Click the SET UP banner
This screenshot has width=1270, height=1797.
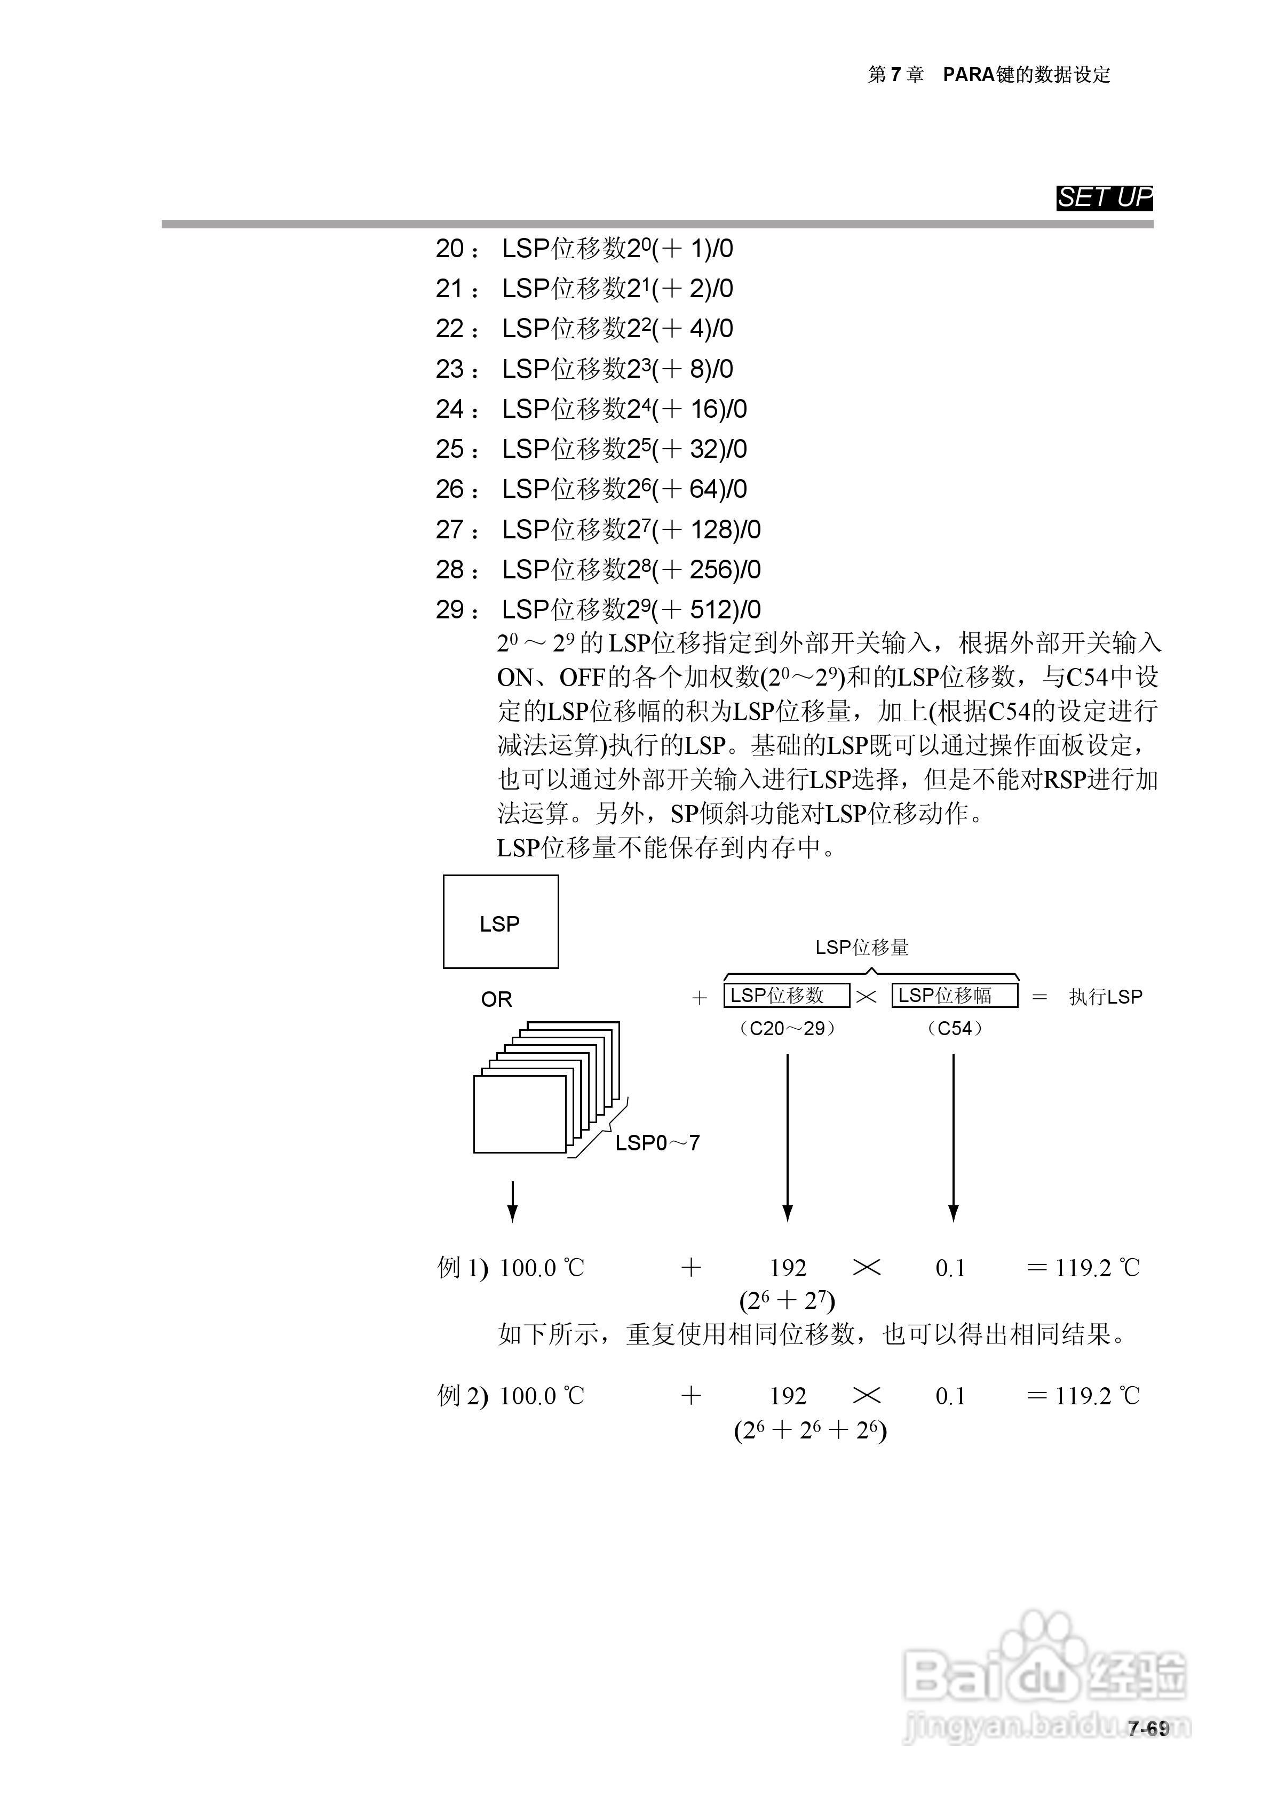coord(1104,198)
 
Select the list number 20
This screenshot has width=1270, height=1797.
coord(450,249)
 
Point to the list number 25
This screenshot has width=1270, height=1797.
coord(450,449)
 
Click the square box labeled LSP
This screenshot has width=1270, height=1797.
coord(501,922)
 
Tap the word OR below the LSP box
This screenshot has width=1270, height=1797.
coord(496,999)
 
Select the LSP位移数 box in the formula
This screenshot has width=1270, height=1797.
coord(786,996)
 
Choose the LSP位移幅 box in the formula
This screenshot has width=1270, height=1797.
coord(955,996)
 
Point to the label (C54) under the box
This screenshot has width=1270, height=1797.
coord(955,1029)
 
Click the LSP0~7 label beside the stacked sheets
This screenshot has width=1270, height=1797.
coord(657,1143)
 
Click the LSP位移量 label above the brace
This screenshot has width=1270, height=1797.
coord(862,948)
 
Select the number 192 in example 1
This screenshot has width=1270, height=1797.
coord(788,1268)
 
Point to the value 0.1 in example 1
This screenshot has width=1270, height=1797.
coord(950,1268)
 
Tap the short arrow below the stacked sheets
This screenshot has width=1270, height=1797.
coord(512,1202)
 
